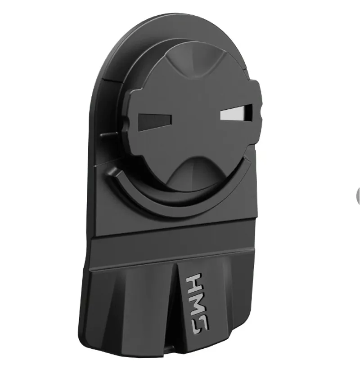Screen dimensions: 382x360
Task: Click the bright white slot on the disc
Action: (x=234, y=113)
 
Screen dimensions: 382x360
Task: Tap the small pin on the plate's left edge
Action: (x=105, y=134)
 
